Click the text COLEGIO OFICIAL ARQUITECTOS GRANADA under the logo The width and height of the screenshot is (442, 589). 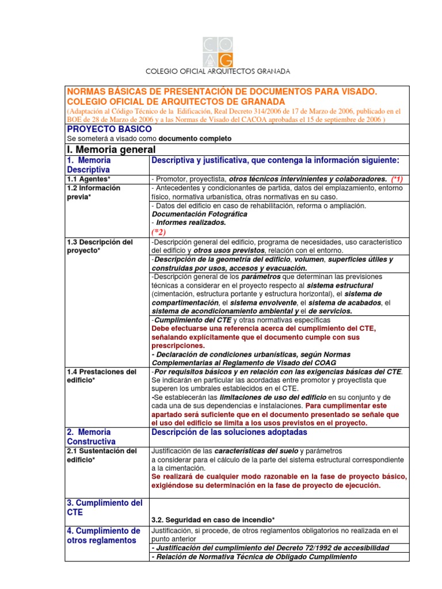pos(218,71)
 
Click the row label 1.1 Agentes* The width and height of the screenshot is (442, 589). pos(89,179)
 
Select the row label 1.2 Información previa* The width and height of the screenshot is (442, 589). pos(94,192)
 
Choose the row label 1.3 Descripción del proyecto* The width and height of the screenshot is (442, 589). pos(100,246)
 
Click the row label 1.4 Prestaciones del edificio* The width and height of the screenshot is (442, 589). pos(102,376)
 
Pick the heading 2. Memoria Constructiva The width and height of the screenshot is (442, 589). pos(92,437)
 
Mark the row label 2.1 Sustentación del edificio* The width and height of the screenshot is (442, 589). pos(102,455)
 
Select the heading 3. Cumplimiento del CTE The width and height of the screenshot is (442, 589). pos(105,507)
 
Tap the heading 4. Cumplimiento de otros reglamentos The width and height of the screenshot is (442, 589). pos(104,535)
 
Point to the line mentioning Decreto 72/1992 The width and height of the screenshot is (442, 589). pos(269,548)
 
